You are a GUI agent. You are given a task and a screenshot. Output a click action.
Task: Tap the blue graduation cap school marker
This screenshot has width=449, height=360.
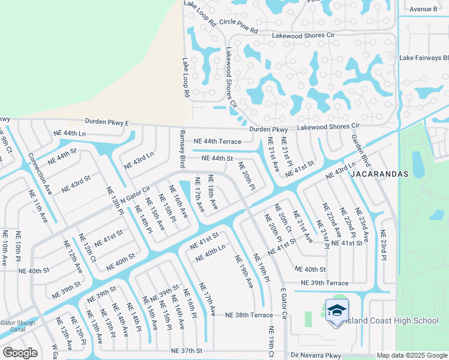coord(337,311)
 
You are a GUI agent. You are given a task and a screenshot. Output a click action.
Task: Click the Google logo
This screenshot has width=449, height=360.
coord(20,352)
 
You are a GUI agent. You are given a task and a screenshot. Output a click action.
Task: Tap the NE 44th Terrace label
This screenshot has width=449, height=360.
coord(217,142)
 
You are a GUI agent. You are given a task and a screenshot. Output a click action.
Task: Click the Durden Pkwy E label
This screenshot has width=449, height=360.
coord(107,122)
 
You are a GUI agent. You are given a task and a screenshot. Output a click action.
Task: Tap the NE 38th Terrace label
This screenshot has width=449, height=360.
coord(249,315)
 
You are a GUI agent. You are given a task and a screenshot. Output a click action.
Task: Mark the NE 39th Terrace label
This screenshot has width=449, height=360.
coord(324,283)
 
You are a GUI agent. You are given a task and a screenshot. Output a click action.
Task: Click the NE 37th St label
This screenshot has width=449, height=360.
coord(187,350)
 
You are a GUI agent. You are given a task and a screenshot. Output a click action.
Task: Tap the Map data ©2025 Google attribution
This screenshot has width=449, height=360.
coord(411,356)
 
